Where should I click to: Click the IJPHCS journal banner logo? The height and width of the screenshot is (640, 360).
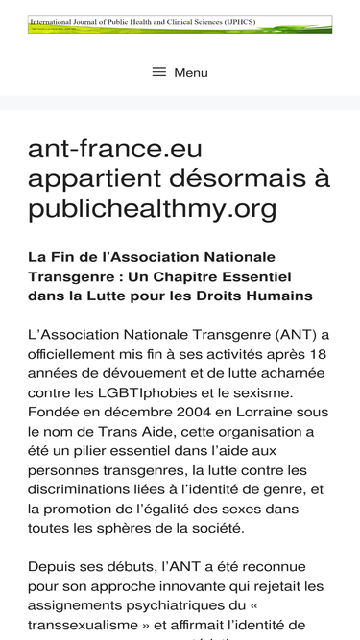pyautogui.click(x=180, y=24)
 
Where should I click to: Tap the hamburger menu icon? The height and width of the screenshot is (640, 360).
pyautogui.click(x=159, y=72)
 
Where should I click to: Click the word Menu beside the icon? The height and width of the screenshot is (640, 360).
pyautogui.click(x=191, y=72)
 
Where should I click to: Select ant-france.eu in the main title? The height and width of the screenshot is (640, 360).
pyautogui.click(x=114, y=151)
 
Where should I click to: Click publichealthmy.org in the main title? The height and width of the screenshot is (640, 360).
pyautogui.click(x=153, y=207)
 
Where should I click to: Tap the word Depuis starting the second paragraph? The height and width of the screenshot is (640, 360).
pyautogui.click(x=53, y=566)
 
